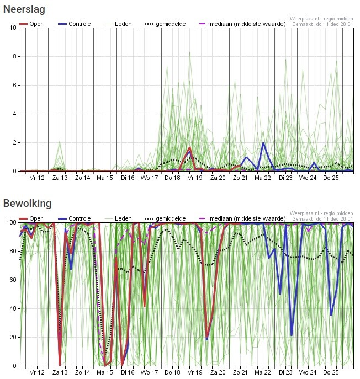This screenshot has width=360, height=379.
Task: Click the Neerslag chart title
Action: click(24, 9)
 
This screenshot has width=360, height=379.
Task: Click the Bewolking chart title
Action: click(28, 204)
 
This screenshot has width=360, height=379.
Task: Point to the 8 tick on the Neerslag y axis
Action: click(13, 57)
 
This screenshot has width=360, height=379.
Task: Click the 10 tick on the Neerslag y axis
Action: click(12, 28)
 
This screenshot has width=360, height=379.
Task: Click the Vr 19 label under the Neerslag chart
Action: click(194, 178)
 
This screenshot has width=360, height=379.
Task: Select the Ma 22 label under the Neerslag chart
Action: click(263, 178)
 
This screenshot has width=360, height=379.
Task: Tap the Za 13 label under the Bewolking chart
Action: click(60, 372)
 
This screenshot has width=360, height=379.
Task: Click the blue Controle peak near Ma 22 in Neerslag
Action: click(263, 143)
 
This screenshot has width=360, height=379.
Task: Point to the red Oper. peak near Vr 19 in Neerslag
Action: click(190, 148)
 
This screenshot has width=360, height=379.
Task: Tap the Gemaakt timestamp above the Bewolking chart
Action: click(322, 219)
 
